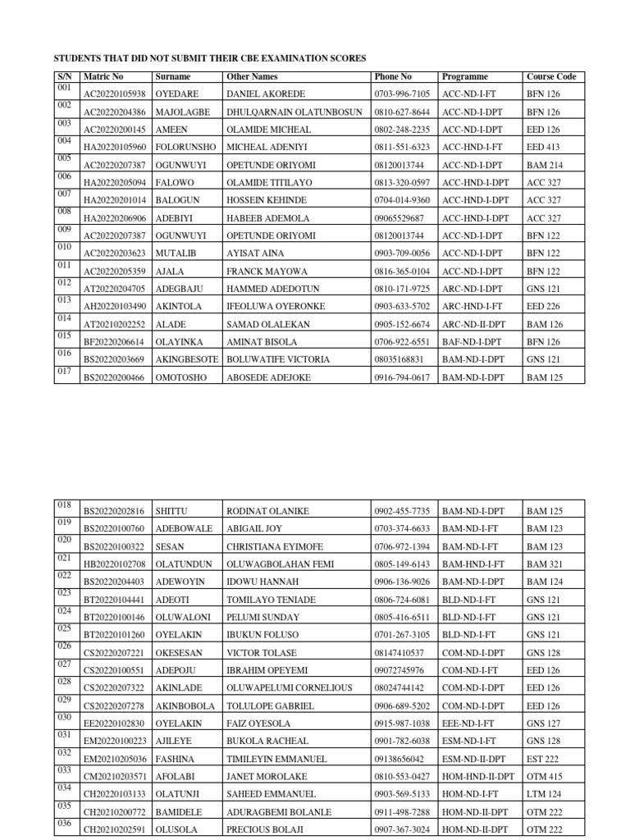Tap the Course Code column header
(x=551, y=76)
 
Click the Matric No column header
(x=103, y=76)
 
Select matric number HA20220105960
(x=115, y=148)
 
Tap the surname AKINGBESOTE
(x=186, y=359)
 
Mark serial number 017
(x=65, y=370)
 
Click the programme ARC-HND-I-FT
(x=472, y=306)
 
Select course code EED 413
(x=542, y=148)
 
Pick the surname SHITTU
(x=171, y=511)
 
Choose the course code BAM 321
(x=544, y=564)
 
